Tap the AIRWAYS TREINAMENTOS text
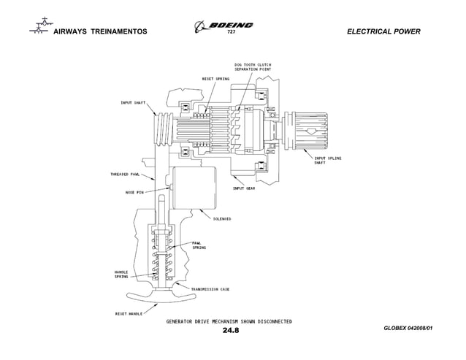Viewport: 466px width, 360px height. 101,32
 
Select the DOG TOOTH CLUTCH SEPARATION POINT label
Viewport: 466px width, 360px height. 253,66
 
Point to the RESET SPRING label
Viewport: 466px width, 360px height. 215,78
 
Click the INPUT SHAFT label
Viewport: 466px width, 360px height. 132,102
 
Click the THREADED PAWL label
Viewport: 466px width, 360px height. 124,175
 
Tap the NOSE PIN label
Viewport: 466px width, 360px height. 134,192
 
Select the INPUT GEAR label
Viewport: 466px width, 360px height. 243,188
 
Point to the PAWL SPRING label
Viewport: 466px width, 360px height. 198,245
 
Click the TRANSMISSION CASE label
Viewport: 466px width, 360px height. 210,288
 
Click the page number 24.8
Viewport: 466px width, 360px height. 231,330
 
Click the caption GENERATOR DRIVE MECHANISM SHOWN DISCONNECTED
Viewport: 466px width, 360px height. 229,321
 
